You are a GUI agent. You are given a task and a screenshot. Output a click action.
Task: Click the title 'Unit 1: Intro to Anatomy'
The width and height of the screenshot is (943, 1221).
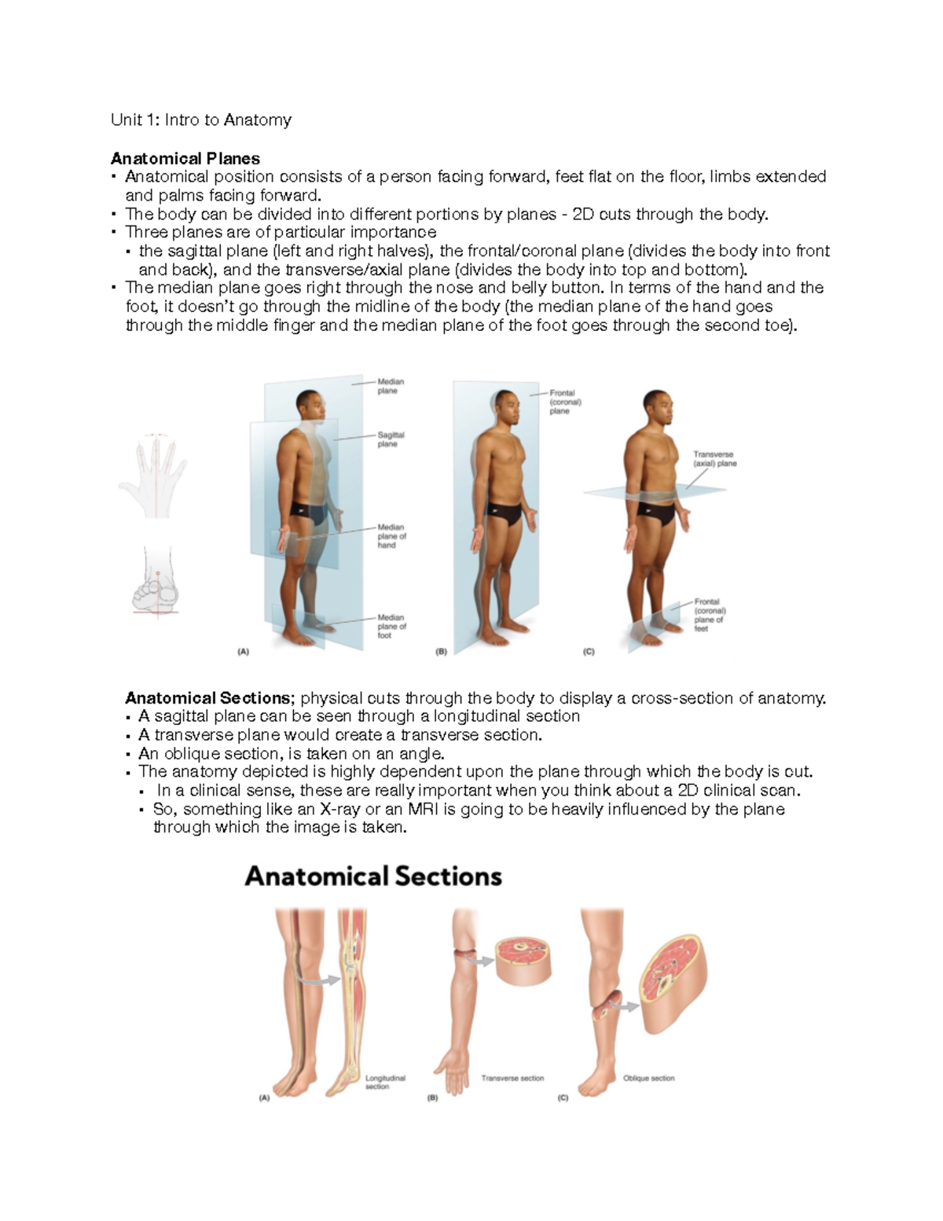pos(201,120)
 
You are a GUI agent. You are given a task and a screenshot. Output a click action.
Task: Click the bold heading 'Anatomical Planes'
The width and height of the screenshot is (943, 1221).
pos(185,158)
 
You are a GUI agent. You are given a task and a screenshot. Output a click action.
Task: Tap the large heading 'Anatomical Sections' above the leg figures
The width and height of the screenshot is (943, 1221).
pos(373,877)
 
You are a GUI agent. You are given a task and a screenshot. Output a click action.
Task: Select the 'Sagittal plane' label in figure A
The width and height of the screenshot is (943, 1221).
pos(391,439)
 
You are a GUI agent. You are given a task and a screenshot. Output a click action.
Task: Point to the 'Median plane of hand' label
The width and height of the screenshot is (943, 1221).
pos(391,536)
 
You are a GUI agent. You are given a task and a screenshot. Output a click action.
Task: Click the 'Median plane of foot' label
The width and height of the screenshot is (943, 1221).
pos(391,627)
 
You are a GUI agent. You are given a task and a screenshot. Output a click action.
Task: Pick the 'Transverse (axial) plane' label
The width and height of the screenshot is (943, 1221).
pos(714,459)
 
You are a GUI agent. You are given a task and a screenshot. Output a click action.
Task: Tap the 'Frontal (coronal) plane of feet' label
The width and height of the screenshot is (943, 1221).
pos(710,615)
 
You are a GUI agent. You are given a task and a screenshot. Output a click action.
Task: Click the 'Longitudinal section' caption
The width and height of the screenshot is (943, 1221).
pos(385,1082)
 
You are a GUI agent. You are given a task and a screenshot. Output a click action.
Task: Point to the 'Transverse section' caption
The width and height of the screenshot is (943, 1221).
pos(512,1079)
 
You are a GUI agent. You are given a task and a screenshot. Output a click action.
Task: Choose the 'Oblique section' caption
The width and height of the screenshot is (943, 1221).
pos(648,1079)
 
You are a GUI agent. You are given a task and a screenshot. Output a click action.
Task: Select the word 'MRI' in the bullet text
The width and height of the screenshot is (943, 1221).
pos(424,809)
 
